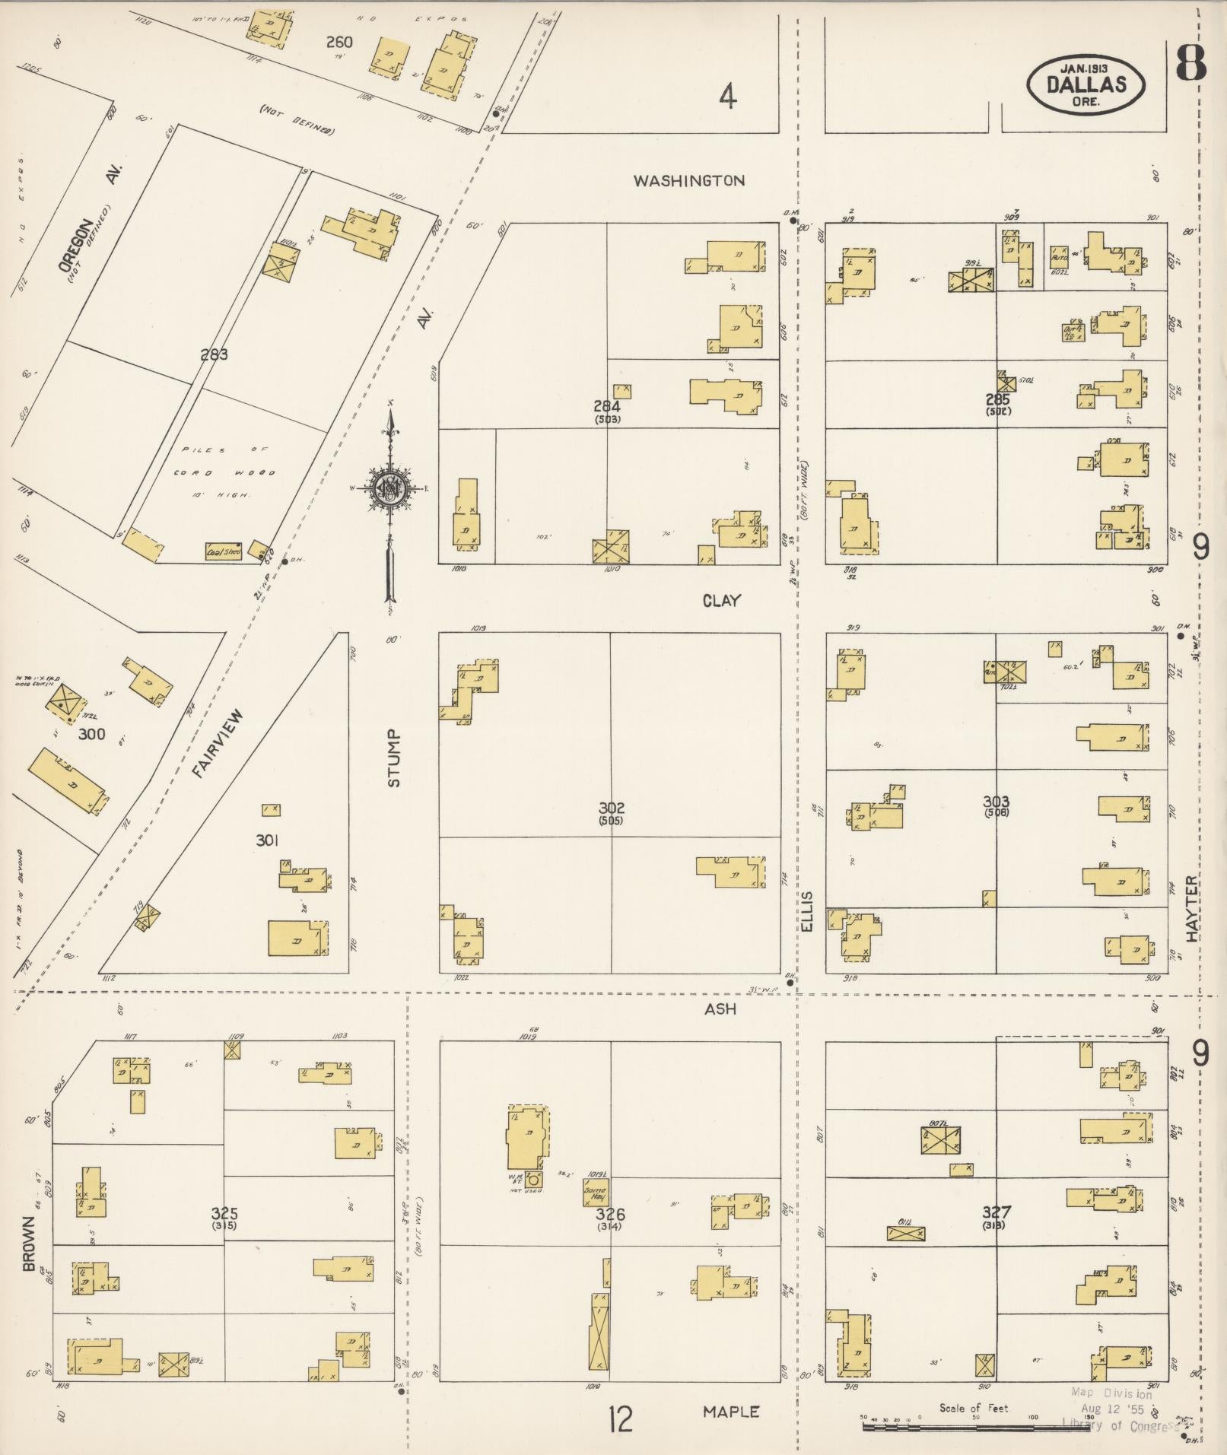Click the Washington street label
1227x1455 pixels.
689,181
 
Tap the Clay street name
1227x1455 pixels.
721,601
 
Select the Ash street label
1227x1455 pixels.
720,1009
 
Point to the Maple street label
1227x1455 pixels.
731,1412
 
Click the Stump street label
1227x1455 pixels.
393,758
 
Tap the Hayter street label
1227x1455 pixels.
1191,904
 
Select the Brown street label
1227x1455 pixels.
29,1244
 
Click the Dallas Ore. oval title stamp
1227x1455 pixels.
1086,84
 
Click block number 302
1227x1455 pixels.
611,808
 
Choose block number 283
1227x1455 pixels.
215,354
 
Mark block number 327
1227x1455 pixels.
996,1212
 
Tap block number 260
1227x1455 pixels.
339,43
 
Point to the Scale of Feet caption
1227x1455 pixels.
974,1408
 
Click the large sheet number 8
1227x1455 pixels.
1190,63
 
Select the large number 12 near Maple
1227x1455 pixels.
621,1419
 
